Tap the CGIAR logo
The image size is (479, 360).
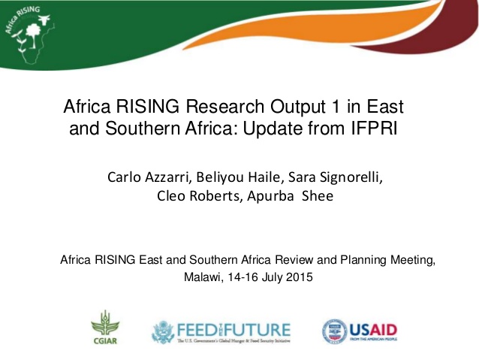105,329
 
